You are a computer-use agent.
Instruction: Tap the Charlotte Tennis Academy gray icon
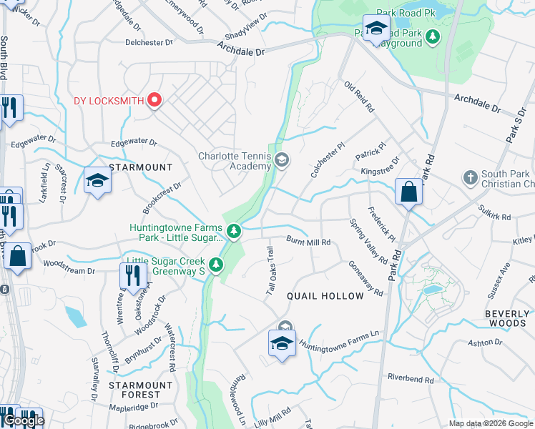[281, 160]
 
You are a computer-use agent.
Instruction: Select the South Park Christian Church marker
[470, 176]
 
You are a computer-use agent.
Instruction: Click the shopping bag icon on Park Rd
[408, 192]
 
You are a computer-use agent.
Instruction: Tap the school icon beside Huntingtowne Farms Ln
[283, 342]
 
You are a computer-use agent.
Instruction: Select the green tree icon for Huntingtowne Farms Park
[234, 231]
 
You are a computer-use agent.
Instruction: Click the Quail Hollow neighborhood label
[325, 296]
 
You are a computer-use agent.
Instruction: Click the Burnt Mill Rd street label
[308, 242]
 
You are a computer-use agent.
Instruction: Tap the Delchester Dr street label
[149, 43]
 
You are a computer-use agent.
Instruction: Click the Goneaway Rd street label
[365, 277]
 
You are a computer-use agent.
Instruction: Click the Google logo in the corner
[24, 420]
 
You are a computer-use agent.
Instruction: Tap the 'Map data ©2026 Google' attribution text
[491, 423]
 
